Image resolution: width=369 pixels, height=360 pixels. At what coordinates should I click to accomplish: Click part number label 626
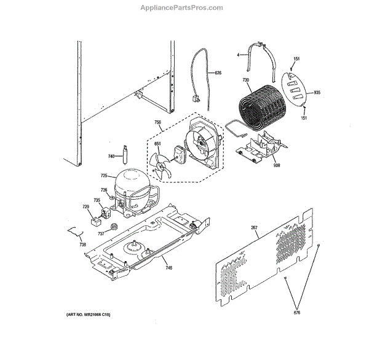[x=218, y=73]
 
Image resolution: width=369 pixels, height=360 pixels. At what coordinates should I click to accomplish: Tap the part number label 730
[x=245, y=80]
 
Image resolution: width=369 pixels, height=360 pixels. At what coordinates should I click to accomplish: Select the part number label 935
[x=317, y=93]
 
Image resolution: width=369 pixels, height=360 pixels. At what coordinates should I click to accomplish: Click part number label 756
[x=158, y=122]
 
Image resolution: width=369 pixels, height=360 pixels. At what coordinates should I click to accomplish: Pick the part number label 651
[x=157, y=145]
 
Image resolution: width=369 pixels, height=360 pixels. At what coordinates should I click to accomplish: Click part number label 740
[x=111, y=156]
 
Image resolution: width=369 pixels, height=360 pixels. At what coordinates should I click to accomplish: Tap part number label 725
[x=104, y=176]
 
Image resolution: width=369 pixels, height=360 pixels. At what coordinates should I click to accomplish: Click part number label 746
[x=169, y=268]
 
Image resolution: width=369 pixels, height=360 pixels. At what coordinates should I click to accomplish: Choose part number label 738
[x=82, y=244]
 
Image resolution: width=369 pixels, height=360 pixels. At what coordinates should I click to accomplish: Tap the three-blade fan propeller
[x=161, y=166]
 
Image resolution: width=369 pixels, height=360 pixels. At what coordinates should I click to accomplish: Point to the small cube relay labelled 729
[x=95, y=217]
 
